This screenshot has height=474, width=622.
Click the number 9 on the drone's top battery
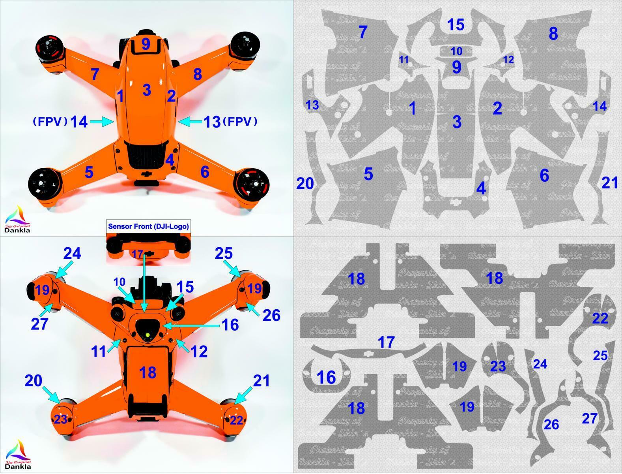pyautogui.click(x=146, y=43)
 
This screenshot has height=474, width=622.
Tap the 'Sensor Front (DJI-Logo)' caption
pyautogui.click(x=148, y=226)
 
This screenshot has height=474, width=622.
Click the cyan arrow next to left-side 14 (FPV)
pyautogui.click(x=101, y=122)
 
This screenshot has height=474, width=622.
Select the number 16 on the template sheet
pyautogui.click(x=326, y=377)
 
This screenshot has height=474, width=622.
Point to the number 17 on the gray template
pyautogui.click(x=386, y=342)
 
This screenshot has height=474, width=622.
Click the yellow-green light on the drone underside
pyautogui.click(x=148, y=335)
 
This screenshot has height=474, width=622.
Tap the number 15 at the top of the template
pyautogui.click(x=456, y=24)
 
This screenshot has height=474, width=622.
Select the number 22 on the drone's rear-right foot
pyautogui.click(x=236, y=420)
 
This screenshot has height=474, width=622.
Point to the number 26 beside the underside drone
pyautogui.click(x=271, y=315)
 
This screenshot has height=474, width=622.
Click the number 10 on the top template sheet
pyautogui.click(x=456, y=51)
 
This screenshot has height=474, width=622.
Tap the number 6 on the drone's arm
pyautogui.click(x=205, y=172)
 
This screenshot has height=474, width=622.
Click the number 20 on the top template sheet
pyautogui.click(x=305, y=183)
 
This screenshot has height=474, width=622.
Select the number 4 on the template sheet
pyautogui.click(x=481, y=188)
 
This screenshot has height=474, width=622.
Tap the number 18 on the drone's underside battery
pyautogui.click(x=148, y=372)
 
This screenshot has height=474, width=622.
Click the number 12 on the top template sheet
pyautogui.click(x=509, y=60)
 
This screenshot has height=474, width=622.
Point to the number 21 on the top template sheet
pyautogui.click(x=609, y=182)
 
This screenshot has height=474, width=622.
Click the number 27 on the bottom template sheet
pyautogui.click(x=589, y=418)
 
